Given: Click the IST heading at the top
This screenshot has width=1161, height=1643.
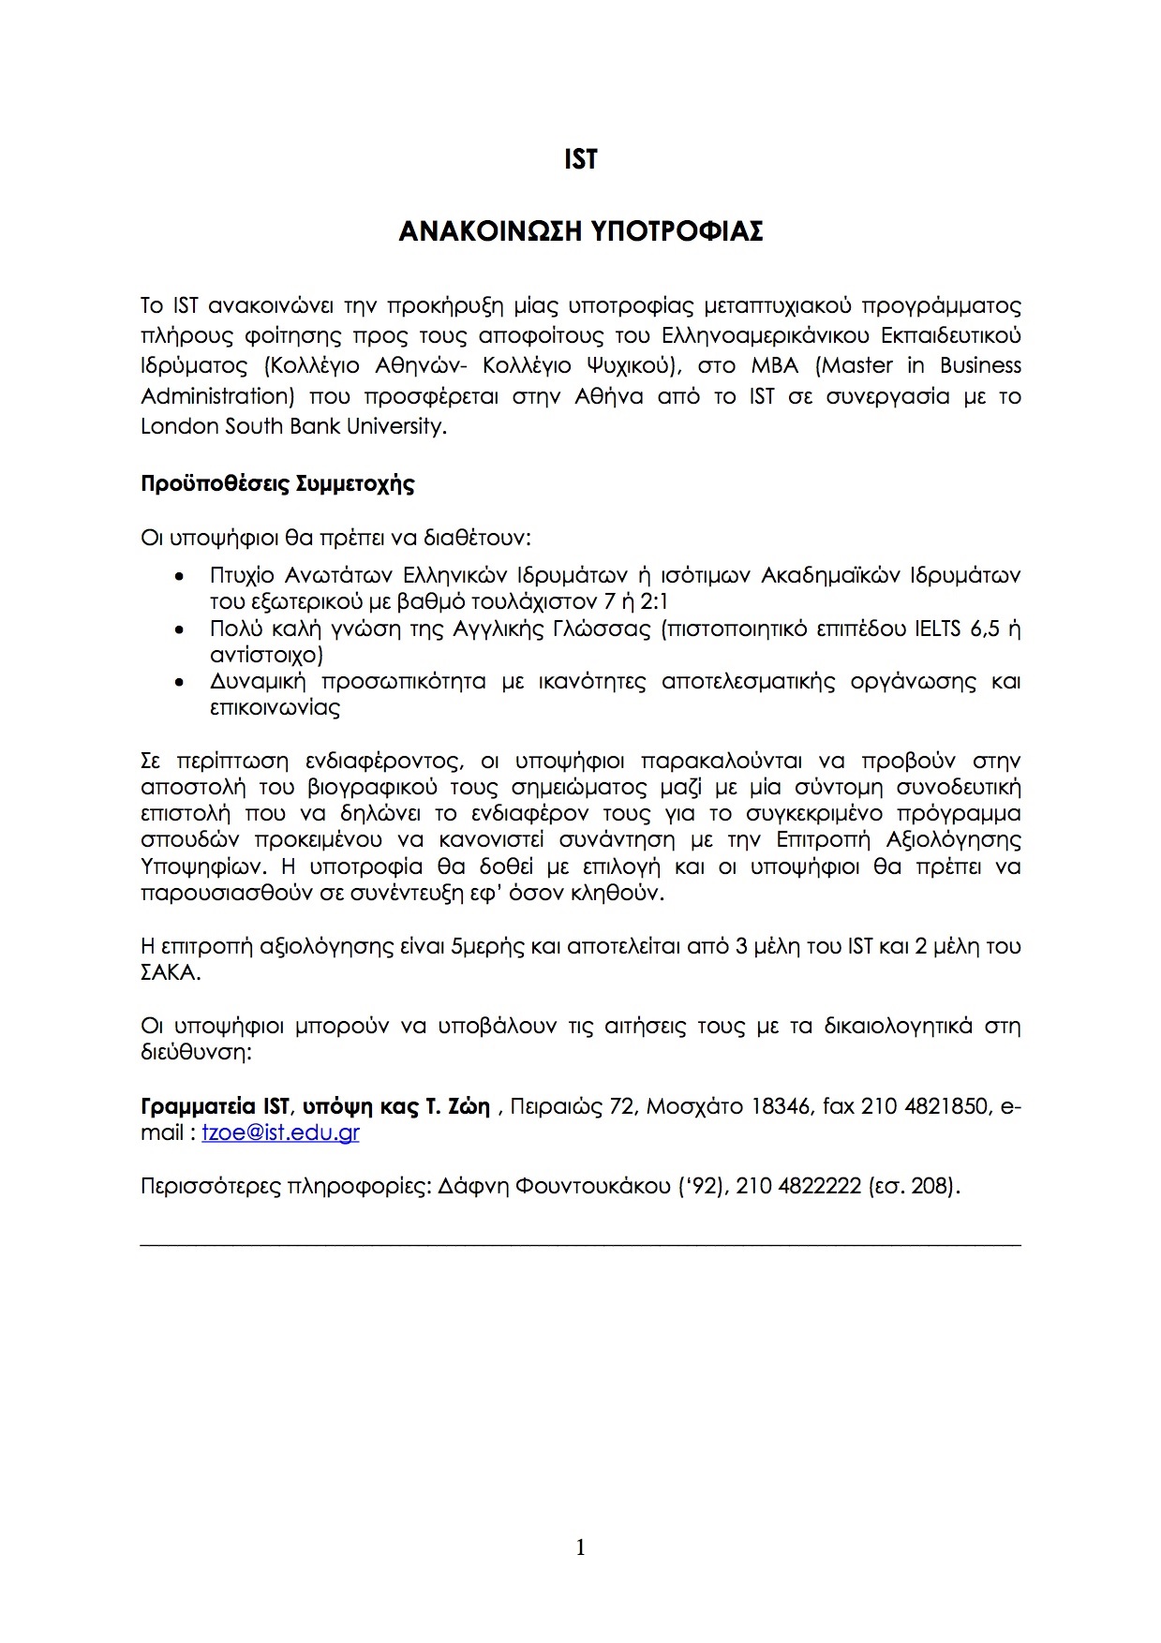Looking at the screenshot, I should coord(580,160).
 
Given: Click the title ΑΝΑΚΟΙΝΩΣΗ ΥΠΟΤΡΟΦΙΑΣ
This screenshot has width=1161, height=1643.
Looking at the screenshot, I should coord(580,231).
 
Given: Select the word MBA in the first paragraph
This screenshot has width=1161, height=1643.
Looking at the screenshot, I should coord(774,365).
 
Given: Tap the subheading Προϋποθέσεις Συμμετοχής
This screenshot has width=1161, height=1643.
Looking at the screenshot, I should coord(277,484).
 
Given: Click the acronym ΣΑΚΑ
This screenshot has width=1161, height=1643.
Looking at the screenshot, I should coord(169,972).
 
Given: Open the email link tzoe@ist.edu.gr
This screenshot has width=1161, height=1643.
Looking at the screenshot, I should coord(280,1132).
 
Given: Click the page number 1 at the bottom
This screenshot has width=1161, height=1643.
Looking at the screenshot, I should coord(580,1548).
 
